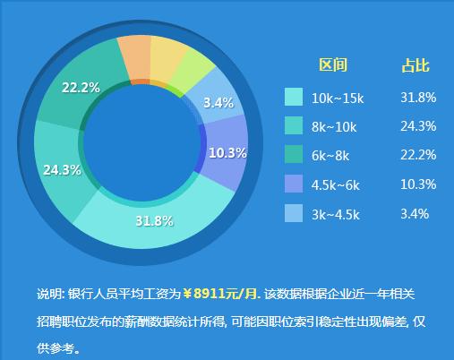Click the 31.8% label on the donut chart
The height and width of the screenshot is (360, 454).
pyautogui.click(x=154, y=221)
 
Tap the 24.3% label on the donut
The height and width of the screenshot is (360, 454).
pyautogui.click(x=62, y=170)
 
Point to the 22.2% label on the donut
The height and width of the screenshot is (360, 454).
pyautogui.click(x=81, y=88)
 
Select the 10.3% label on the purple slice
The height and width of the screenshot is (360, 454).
pyautogui.click(x=227, y=153)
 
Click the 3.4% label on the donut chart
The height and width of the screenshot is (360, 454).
pyautogui.click(x=218, y=103)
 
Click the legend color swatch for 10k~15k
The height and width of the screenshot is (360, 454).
pyautogui.click(x=294, y=97)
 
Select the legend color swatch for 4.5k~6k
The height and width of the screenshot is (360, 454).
pyautogui.click(x=294, y=184)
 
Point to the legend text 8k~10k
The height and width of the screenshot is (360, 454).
pyautogui.click(x=334, y=127)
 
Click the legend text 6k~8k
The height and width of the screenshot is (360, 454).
pyautogui.click(x=330, y=156)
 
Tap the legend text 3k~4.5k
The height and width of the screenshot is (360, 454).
pyautogui.click(x=336, y=215)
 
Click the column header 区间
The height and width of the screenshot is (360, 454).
pyautogui.click(x=333, y=64)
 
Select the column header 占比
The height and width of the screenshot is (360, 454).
pyautogui.click(x=415, y=65)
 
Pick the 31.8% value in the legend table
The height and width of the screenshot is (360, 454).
pyautogui.click(x=418, y=98)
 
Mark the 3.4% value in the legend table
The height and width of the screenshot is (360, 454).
pyautogui.click(x=415, y=214)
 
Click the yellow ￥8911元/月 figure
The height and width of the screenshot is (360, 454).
pyautogui.click(x=221, y=294)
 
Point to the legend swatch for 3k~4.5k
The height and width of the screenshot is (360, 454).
pyautogui.click(x=294, y=213)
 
